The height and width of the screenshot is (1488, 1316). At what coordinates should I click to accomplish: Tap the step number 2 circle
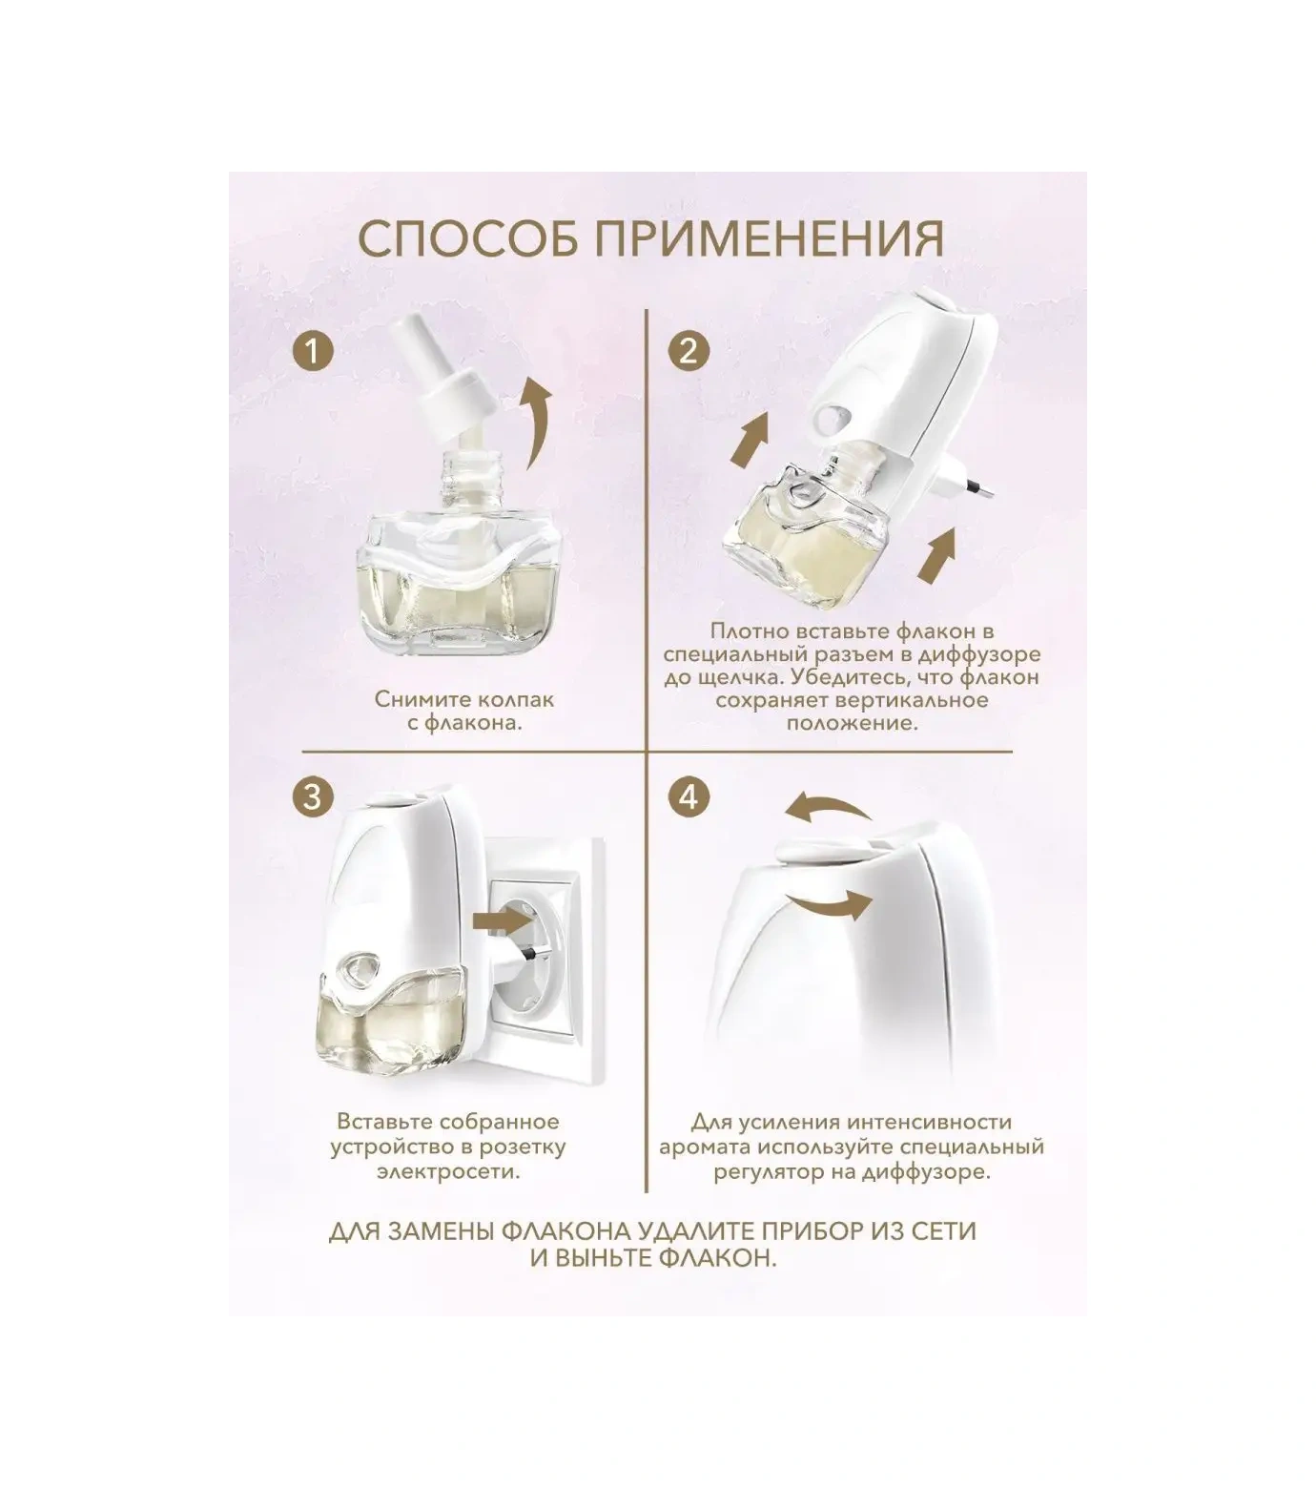coord(689,352)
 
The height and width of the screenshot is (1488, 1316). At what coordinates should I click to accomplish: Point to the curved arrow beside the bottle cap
coord(539,420)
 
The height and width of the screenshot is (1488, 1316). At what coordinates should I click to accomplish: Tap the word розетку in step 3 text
coord(524,1147)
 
